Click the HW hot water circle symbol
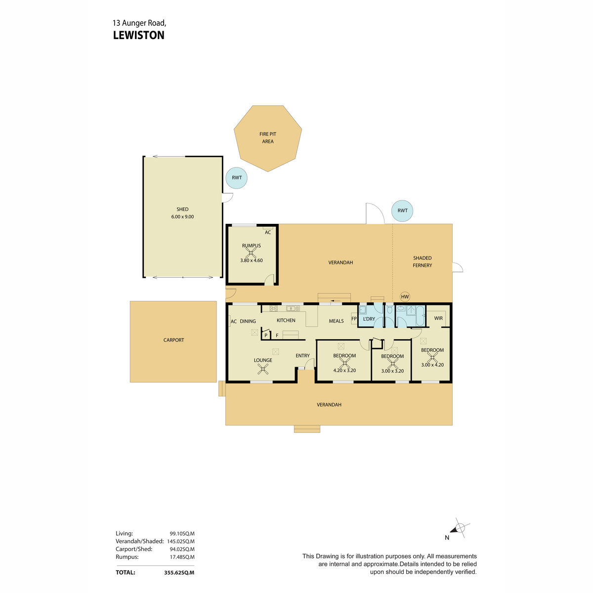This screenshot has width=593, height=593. pyautogui.click(x=405, y=296)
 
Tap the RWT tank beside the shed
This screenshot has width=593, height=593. pyautogui.click(x=236, y=178)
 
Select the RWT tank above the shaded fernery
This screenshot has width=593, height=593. pyautogui.click(x=402, y=211)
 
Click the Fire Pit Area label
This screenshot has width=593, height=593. pyautogui.click(x=268, y=138)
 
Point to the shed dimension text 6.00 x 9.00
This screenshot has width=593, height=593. pyautogui.click(x=182, y=216)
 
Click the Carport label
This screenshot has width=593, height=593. pyautogui.click(x=173, y=340)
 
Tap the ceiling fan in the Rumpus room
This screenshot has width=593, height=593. pyautogui.click(x=251, y=253)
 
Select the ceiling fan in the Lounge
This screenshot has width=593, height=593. pyautogui.click(x=263, y=369)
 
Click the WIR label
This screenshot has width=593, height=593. pyautogui.click(x=438, y=318)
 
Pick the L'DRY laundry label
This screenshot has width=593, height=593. pyautogui.click(x=369, y=319)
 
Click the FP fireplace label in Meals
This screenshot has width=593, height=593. pyautogui.click(x=354, y=319)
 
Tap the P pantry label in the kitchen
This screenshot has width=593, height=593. pyautogui.click(x=266, y=336)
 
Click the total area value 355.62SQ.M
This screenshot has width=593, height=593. pyautogui.click(x=179, y=573)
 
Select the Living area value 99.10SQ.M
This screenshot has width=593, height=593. pyautogui.click(x=182, y=534)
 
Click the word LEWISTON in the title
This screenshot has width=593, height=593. pyautogui.click(x=139, y=36)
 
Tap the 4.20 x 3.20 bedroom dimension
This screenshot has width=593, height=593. pyautogui.click(x=344, y=371)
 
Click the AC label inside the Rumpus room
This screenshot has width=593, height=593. pyautogui.click(x=268, y=232)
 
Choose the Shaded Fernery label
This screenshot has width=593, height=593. pyautogui.click(x=422, y=261)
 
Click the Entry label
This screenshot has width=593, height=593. pyautogui.click(x=302, y=356)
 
